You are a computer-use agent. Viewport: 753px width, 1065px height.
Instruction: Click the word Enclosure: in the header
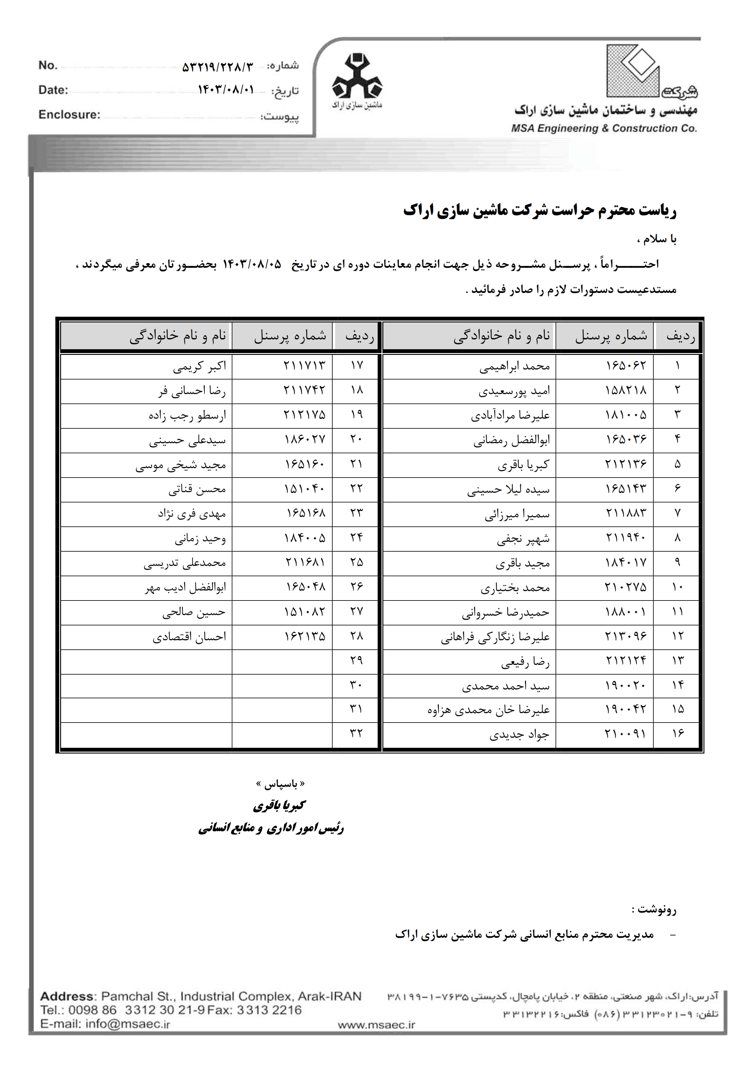point(70,114)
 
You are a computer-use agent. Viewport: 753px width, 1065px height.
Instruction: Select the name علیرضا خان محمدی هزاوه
point(488,710)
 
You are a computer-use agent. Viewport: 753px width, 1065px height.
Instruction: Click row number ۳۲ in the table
point(356,734)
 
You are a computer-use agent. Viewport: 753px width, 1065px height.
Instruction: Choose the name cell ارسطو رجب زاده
point(187,415)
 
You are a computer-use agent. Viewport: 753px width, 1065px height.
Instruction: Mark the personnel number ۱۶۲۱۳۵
point(305,636)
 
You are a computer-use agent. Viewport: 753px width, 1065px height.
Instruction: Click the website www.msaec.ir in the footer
point(376,1025)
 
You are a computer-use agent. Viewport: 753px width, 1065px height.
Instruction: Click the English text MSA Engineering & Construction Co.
point(604,128)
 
